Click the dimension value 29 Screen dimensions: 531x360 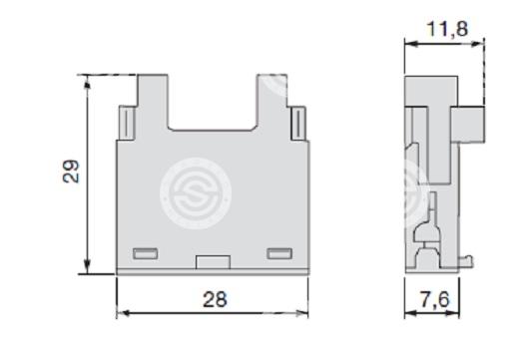pyautogui.click(x=72, y=172)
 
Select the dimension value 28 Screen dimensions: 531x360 pyautogui.click(x=215, y=299)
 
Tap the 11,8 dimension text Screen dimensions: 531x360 pyautogui.click(x=448, y=28)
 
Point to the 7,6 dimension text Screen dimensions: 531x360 pyautogui.click(x=435, y=299)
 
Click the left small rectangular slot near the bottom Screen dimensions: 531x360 pyautogui.click(x=146, y=253)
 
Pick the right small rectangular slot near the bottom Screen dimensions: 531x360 pyautogui.click(x=279, y=253)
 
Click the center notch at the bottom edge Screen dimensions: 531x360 pyautogui.click(x=213, y=262)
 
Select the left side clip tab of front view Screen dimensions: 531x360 pyautogui.click(x=127, y=123)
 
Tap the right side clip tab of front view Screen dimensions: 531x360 pyautogui.click(x=298, y=123)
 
